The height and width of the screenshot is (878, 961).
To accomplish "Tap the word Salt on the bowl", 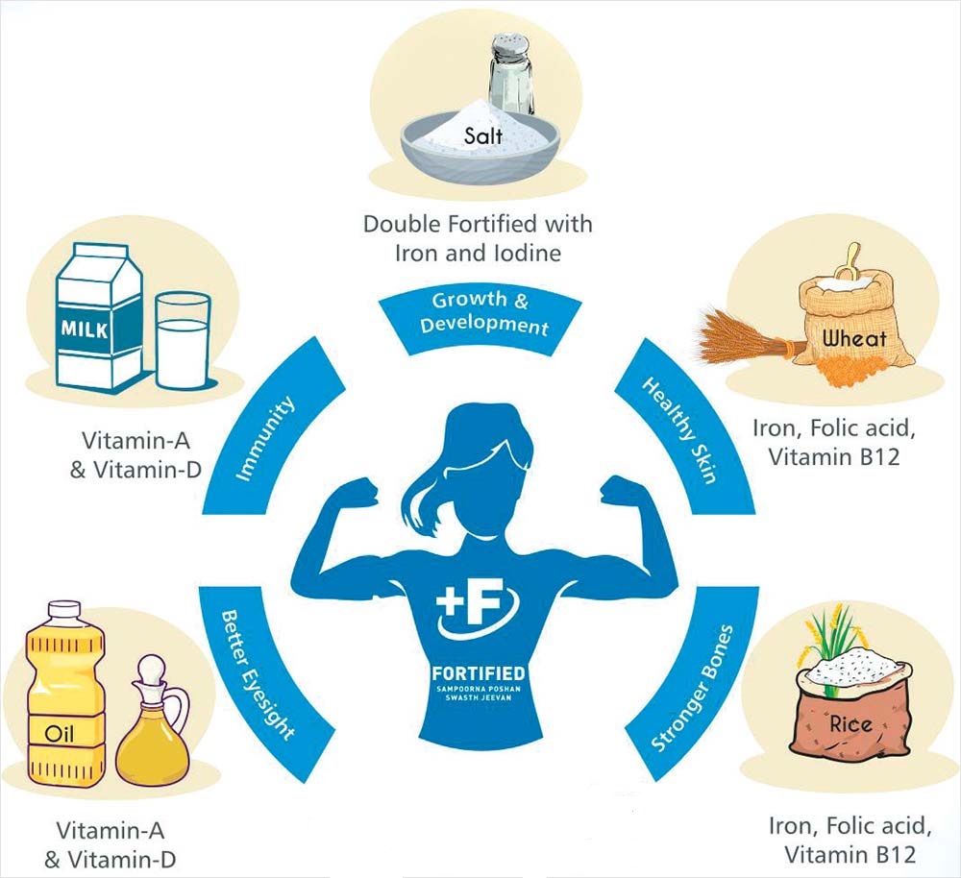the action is click(483, 134).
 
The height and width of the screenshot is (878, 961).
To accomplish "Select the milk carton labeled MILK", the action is click(99, 317).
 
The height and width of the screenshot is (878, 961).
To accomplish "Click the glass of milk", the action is click(183, 341).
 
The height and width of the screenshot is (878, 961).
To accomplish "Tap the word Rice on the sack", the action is click(851, 724).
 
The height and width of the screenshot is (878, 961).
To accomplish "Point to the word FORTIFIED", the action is click(479, 674).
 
